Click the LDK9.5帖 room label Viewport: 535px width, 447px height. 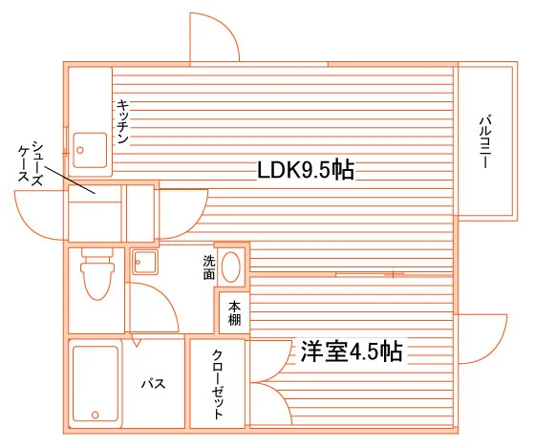point(306,170)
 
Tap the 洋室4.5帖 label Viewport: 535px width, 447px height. point(352,351)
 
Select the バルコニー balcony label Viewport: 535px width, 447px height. point(485,142)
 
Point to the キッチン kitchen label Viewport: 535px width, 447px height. point(122,121)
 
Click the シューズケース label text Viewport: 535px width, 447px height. point(31,163)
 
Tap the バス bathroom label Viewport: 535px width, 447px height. point(154,384)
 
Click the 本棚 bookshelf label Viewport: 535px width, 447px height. point(234,313)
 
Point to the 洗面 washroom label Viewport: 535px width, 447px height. point(209,267)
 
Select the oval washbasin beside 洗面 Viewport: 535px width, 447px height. point(230,267)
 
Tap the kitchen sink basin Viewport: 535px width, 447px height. point(90,150)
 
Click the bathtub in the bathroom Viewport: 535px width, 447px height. point(96,384)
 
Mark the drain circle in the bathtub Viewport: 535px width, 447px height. point(96,415)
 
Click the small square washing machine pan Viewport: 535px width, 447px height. point(145,262)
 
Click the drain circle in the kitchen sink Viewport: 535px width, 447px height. point(80,150)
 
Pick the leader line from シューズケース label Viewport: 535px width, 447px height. point(70,181)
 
